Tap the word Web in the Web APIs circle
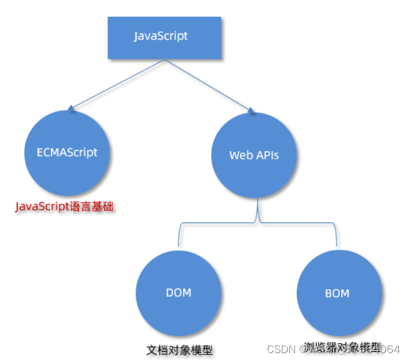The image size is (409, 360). tap(239, 155)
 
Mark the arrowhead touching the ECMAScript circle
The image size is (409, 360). tap(70, 108)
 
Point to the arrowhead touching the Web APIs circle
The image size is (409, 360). tap(251, 110)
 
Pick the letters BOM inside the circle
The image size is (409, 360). tap(337, 293)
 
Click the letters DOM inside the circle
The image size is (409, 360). tap(178, 293)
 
